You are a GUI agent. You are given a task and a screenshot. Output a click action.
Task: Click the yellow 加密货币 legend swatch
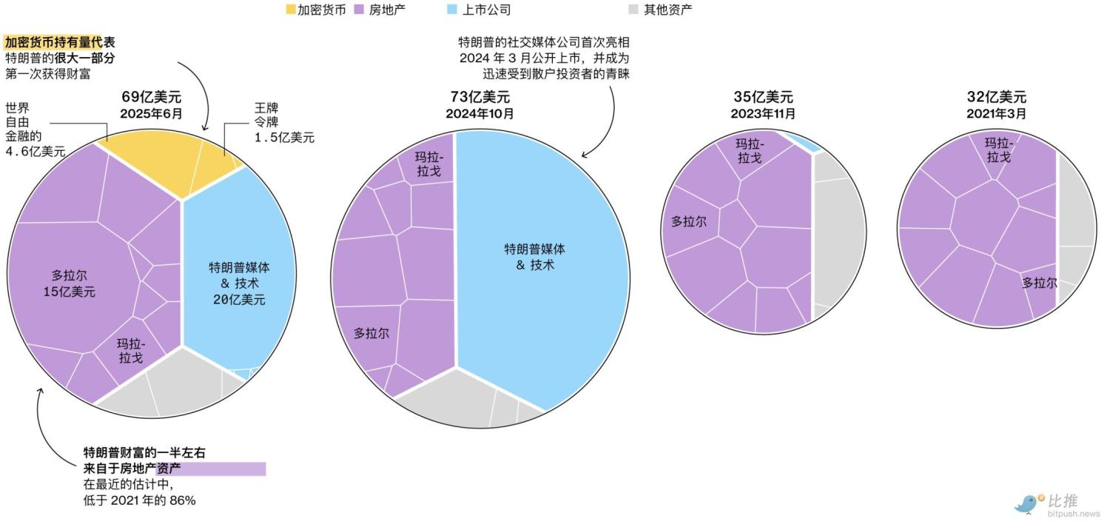tap(291, 10)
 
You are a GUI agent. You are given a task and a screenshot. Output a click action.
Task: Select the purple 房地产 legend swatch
tap(359, 10)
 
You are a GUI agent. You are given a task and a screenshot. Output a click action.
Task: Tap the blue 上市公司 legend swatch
tap(452, 9)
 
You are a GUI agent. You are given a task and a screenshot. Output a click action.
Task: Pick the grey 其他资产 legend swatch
tap(633, 9)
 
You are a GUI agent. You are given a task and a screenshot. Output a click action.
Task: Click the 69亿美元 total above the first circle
tap(152, 97)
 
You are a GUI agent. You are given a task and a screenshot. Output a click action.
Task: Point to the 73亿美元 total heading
tap(480, 97)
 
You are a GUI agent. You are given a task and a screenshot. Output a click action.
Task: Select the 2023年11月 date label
tap(763, 113)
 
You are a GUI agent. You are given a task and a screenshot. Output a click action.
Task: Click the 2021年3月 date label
tap(997, 113)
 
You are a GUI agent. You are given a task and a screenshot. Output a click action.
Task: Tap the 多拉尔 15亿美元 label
tap(70, 283)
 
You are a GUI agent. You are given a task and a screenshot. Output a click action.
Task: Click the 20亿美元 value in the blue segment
tap(239, 300)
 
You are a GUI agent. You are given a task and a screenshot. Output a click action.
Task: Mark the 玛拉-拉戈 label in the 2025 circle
tap(131, 351)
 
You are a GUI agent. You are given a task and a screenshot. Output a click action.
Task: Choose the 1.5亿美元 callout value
tap(284, 138)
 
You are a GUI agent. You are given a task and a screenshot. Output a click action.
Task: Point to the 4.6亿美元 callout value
tap(36, 151)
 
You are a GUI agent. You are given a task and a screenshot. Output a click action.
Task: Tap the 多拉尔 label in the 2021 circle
tap(1040, 283)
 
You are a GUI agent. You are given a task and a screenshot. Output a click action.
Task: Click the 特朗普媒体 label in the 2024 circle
tap(535, 249)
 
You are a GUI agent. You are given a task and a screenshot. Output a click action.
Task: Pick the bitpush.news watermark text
tap(1073, 514)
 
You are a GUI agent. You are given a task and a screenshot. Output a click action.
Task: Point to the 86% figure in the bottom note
tap(183, 500)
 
